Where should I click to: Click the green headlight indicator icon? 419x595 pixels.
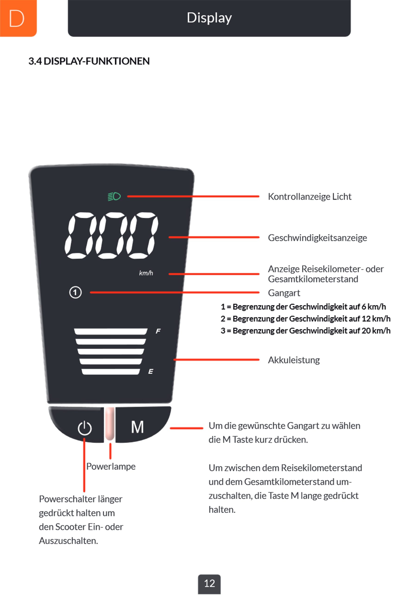click(114, 196)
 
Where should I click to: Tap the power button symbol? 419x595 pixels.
click(85, 428)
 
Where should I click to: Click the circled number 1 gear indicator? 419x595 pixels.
click(75, 292)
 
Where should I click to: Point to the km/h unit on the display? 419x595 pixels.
click(146, 273)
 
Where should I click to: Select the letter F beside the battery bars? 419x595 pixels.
click(158, 331)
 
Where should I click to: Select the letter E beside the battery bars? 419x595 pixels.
click(151, 371)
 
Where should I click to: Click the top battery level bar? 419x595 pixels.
click(111, 331)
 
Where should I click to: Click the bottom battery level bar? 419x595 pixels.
click(111, 372)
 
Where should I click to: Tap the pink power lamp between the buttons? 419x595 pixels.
click(110, 424)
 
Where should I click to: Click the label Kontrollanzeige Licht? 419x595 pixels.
click(309, 197)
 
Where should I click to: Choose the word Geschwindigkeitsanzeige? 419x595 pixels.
click(317, 238)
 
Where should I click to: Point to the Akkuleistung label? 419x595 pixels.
click(294, 360)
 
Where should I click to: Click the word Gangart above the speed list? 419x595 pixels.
click(284, 293)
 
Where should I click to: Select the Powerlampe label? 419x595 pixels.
click(111, 466)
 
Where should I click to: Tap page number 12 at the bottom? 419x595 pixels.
click(209, 583)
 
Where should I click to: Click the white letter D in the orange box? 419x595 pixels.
click(17, 18)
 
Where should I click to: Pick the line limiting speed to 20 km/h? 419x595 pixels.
click(306, 331)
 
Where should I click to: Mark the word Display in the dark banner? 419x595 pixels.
click(209, 18)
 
